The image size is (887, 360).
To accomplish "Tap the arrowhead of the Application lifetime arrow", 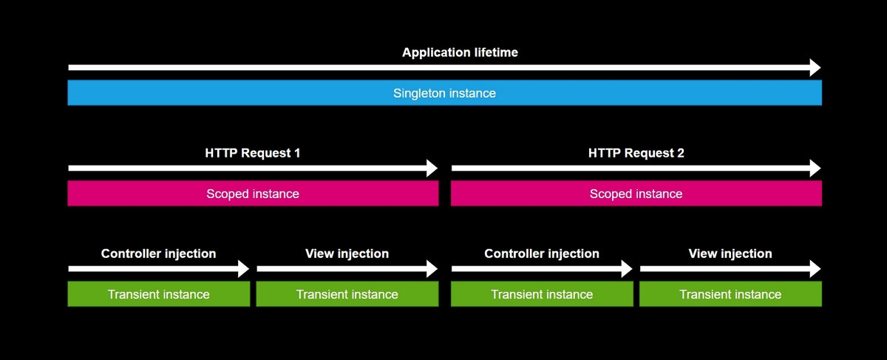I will click(x=815, y=68).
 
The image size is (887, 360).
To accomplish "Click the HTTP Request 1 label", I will click(x=252, y=153).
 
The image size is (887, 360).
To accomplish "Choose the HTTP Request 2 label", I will click(x=636, y=153).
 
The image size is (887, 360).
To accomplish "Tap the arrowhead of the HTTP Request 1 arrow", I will click(x=432, y=169).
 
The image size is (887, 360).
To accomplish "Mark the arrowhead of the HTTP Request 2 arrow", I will click(x=815, y=169).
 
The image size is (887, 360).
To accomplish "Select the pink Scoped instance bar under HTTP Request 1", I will click(x=253, y=194).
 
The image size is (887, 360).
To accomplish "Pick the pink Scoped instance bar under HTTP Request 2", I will click(x=636, y=194).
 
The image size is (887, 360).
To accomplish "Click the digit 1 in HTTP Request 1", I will click(x=297, y=153).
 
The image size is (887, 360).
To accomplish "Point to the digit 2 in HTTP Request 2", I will click(x=680, y=153).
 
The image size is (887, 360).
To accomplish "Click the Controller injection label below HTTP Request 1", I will click(x=158, y=254).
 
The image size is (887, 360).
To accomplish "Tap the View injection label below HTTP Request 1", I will click(x=347, y=254).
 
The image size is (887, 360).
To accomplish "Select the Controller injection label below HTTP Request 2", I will click(x=542, y=254).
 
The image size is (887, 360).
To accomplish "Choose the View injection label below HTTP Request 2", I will click(x=730, y=254).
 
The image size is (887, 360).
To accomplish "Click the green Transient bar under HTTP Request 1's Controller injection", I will click(x=158, y=294).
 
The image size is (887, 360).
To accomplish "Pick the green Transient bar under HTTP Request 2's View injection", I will click(x=730, y=294).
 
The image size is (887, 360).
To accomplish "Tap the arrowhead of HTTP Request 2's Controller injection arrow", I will click(x=628, y=269).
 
